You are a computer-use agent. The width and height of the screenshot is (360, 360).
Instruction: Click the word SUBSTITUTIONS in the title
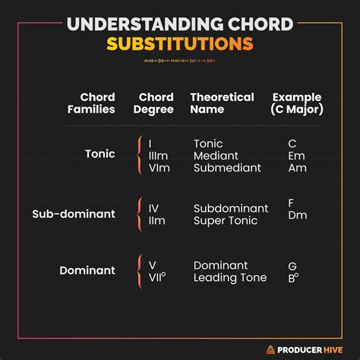180,43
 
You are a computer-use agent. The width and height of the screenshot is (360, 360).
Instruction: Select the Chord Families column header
97,103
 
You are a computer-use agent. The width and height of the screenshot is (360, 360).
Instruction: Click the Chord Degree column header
156,103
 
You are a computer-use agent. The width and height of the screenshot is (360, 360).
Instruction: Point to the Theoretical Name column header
221,103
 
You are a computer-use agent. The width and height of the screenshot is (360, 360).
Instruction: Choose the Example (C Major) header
296,103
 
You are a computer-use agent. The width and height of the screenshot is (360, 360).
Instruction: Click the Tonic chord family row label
100,153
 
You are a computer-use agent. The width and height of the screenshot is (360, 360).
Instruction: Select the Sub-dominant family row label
74,214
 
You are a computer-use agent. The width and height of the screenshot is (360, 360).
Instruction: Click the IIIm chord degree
158,156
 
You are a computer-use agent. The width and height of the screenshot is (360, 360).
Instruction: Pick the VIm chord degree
158,168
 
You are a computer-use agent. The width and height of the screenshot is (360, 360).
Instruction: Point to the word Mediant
216,156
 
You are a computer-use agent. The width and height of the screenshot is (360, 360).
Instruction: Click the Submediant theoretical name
227,168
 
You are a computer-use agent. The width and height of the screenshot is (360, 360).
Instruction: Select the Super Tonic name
226,220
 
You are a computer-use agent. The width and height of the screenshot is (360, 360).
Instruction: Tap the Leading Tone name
230,278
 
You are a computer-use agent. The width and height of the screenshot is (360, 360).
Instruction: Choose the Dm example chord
297,215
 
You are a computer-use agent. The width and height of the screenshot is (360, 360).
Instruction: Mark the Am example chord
297,168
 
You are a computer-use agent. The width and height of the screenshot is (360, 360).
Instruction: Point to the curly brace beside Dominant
139,271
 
